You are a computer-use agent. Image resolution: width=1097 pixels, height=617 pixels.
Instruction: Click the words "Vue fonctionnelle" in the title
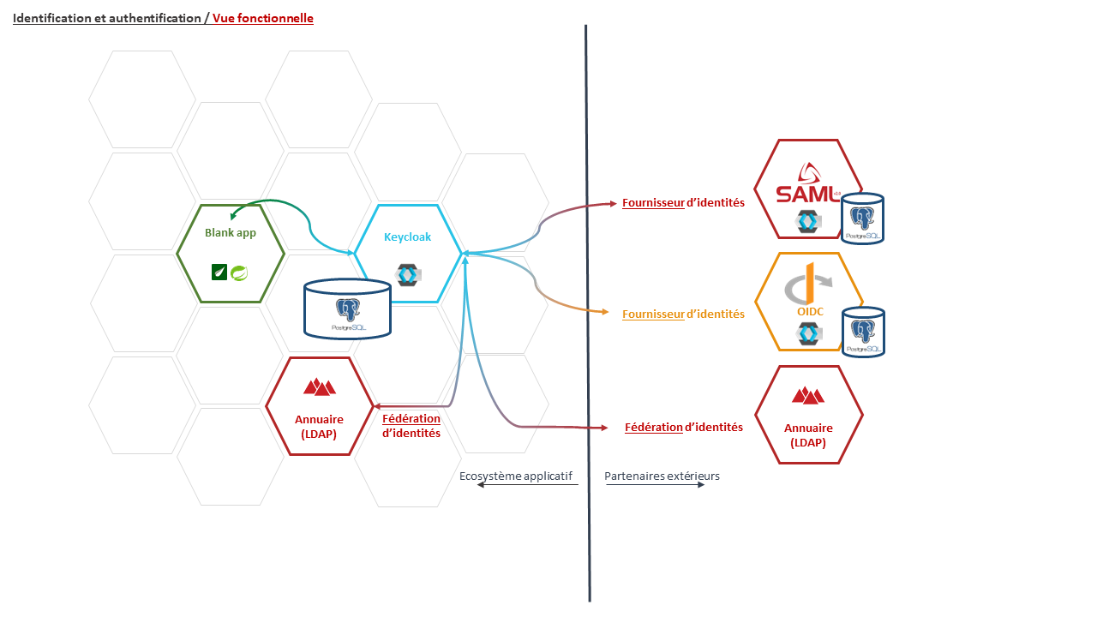click(263, 18)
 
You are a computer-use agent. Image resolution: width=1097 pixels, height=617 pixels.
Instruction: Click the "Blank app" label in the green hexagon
click(230, 232)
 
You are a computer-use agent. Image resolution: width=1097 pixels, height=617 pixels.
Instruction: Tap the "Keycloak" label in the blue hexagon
click(407, 237)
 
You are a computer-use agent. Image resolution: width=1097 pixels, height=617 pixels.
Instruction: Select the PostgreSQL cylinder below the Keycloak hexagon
click(348, 309)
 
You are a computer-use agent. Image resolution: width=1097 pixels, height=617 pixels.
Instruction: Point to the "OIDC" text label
click(810, 311)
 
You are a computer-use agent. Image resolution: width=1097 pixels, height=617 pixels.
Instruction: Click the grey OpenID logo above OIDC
click(808, 285)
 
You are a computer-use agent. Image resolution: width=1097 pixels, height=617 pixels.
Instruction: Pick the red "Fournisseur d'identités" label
click(683, 203)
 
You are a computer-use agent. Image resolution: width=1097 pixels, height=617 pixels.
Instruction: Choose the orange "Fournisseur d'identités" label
click(683, 314)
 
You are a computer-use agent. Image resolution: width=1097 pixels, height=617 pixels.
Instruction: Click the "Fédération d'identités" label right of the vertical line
click(684, 427)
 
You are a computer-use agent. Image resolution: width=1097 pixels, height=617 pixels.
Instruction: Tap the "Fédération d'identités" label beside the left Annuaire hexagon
click(411, 426)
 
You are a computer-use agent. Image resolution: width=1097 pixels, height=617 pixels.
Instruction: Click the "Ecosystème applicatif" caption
click(515, 476)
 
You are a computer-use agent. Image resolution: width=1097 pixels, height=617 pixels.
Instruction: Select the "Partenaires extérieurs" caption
click(662, 476)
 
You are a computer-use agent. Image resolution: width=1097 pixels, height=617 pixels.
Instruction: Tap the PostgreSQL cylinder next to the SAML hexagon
click(862, 219)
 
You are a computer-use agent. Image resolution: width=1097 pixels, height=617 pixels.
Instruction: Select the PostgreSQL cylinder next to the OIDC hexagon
click(863, 332)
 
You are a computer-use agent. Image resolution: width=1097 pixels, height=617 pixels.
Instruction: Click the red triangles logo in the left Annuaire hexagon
click(319, 386)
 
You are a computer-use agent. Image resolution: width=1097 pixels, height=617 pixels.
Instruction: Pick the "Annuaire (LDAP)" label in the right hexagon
click(808, 435)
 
